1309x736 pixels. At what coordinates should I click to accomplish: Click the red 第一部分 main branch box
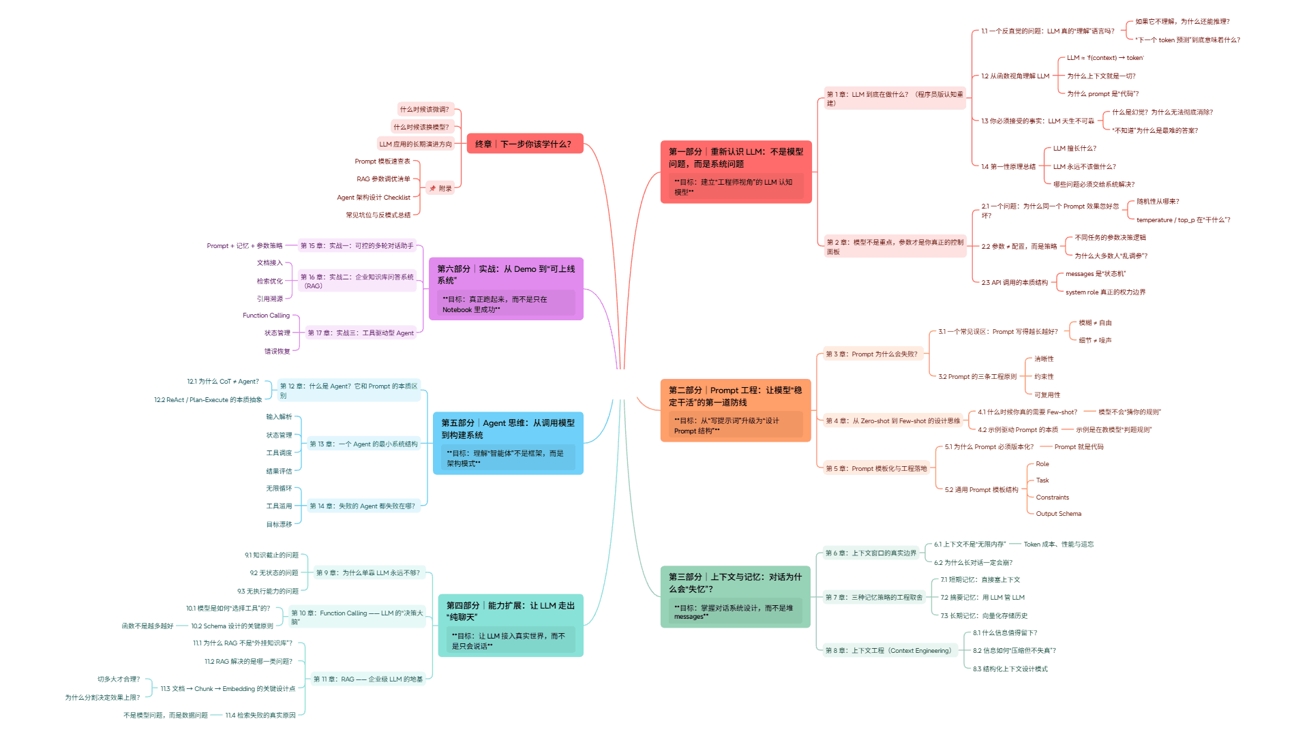click(736, 171)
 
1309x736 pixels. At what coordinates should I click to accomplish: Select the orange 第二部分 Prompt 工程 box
click(736, 410)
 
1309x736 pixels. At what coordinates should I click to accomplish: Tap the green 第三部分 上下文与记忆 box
click(735, 596)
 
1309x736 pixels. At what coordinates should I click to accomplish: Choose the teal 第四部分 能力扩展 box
click(510, 625)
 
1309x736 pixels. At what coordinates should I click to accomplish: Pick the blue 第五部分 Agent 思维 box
click(508, 442)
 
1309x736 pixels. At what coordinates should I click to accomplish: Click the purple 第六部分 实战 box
click(506, 288)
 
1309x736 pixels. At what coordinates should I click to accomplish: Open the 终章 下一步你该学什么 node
click(524, 144)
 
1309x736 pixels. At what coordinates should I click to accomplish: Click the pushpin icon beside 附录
click(432, 189)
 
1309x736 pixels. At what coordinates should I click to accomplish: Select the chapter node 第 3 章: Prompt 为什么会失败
click(871, 354)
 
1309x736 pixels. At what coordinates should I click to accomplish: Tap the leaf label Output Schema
click(1058, 514)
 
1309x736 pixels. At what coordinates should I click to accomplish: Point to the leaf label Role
click(1042, 464)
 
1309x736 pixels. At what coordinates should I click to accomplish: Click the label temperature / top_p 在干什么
click(1183, 220)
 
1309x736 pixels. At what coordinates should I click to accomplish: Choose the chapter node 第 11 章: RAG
click(367, 679)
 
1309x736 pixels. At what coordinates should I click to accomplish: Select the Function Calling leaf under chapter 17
click(266, 316)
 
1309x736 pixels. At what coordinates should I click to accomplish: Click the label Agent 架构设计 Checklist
click(374, 198)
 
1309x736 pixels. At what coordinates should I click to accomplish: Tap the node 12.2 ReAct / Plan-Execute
click(208, 400)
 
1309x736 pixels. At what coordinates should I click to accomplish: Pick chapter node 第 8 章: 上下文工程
click(888, 651)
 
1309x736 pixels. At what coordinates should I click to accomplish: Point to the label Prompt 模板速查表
click(382, 162)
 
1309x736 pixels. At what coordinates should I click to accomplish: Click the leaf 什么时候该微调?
click(424, 109)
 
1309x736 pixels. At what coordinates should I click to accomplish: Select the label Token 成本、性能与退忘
click(1058, 545)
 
